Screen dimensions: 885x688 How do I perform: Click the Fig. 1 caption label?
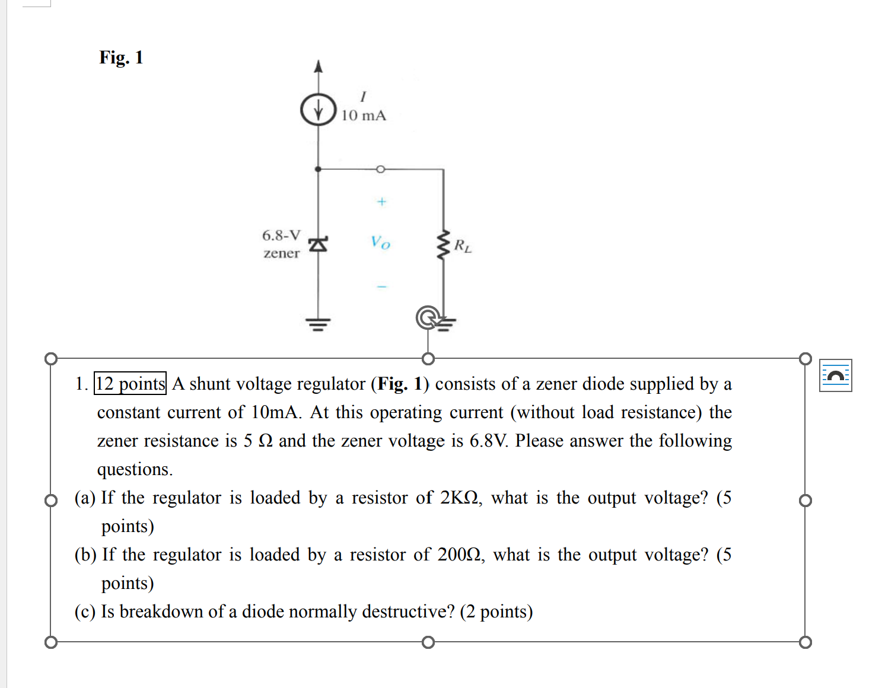click(x=121, y=58)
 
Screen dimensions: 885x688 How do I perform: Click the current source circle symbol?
click(x=319, y=110)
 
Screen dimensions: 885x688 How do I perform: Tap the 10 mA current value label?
click(x=363, y=116)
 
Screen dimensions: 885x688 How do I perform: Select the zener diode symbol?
click(x=319, y=244)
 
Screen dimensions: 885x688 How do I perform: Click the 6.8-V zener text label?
click(x=281, y=244)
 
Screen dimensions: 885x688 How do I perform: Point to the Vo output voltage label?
click(x=380, y=243)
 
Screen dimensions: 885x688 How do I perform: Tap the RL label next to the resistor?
click(x=463, y=246)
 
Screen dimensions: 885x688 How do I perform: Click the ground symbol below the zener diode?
click(x=318, y=324)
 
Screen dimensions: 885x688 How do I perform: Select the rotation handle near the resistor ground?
click(x=428, y=318)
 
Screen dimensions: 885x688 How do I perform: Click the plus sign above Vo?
click(x=381, y=202)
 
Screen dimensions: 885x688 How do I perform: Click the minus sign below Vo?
click(x=381, y=286)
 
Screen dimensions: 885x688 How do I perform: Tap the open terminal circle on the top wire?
click(x=381, y=169)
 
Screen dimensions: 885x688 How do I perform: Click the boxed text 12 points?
click(x=130, y=384)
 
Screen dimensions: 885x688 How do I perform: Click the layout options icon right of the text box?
click(x=835, y=375)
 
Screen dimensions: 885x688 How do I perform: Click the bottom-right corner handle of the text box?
click(x=805, y=642)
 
